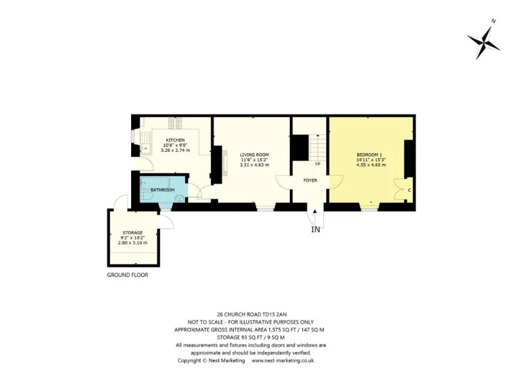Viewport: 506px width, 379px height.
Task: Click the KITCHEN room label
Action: tap(175, 140)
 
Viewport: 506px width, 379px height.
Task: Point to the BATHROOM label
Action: tap(162, 190)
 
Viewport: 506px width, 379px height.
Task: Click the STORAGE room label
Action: tap(132, 233)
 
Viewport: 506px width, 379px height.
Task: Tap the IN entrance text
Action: tap(316, 229)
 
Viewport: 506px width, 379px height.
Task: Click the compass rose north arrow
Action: tap(484, 39)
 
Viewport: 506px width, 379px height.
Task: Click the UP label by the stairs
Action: tap(318, 164)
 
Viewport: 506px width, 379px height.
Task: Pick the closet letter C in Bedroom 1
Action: tap(409, 190)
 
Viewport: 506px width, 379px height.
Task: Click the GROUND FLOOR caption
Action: tap(127, 275)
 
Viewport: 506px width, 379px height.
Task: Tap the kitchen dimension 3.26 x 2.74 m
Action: tap(175, 150)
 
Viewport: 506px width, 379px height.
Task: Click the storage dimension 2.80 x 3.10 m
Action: tap(132, 243)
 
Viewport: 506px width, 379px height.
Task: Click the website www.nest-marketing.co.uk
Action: tap(283, 361)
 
